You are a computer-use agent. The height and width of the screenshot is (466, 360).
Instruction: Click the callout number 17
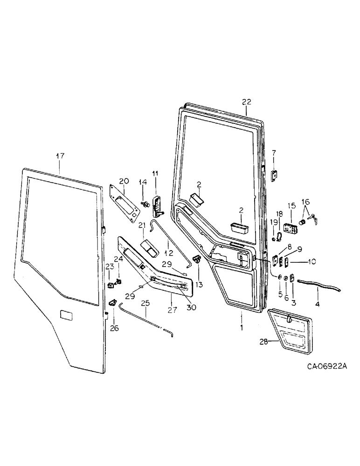point(60,157)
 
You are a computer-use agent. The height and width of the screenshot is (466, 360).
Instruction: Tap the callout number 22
point(247,102)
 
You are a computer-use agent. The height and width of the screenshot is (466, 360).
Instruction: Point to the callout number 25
point(146,303)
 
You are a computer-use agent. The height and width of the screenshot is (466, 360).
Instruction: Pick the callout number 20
point(124,181)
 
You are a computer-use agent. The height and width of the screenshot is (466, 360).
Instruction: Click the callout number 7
point(274,152)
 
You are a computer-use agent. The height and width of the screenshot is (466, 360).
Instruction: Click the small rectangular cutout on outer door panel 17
point(67,315)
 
